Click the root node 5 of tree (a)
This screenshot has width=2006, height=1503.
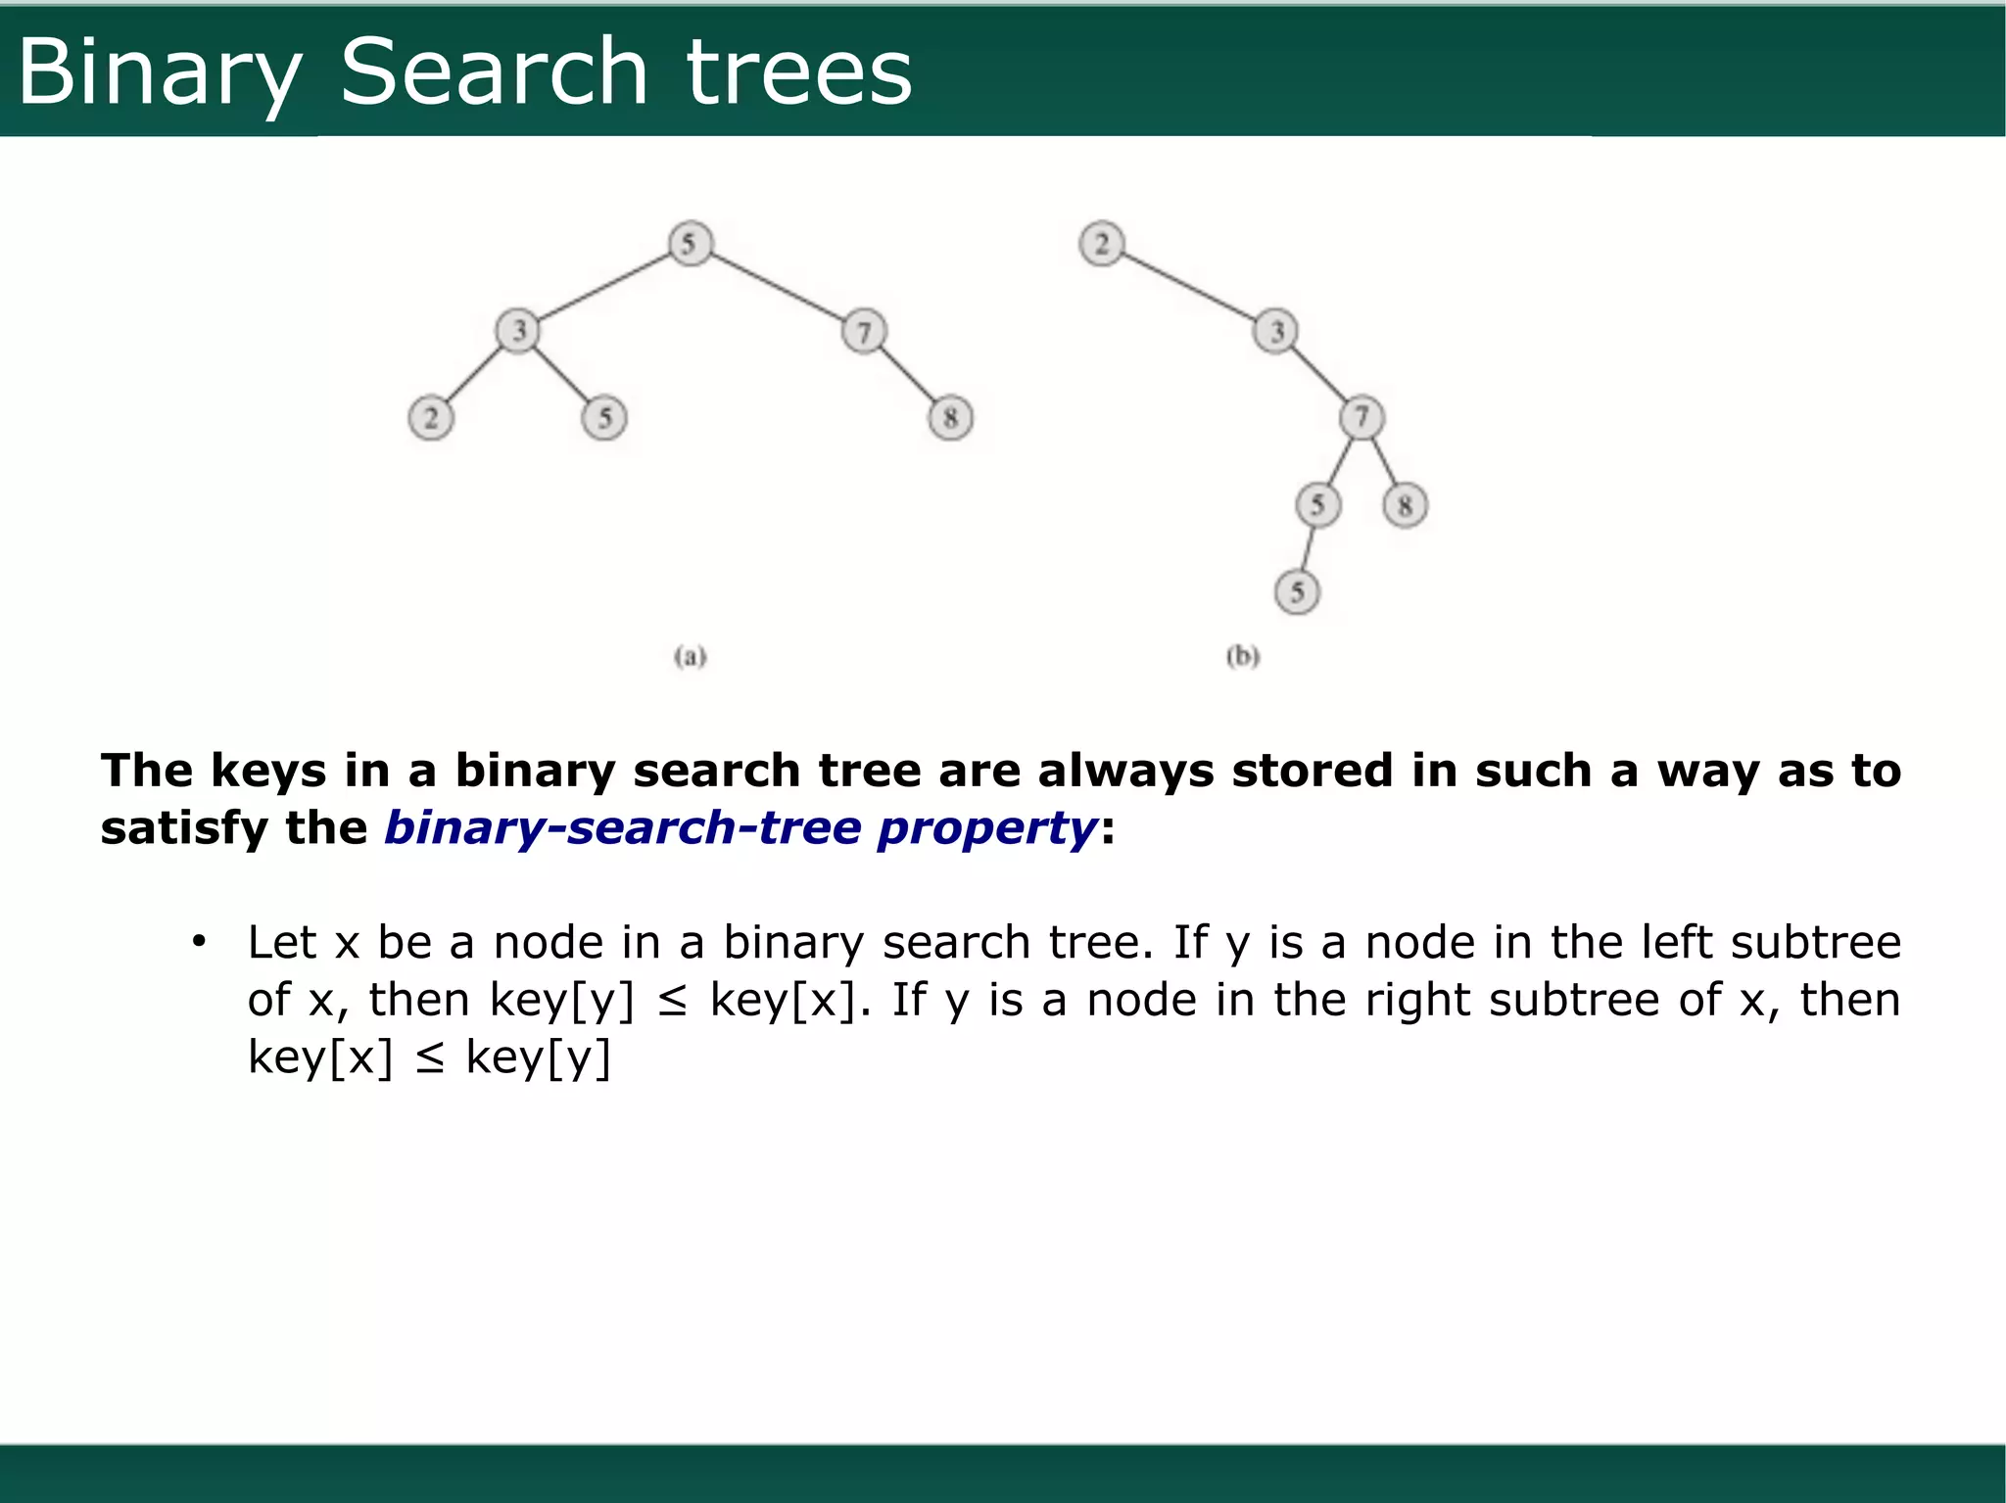(x=690, y=243)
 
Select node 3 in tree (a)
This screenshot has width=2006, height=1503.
(x=518, y=330)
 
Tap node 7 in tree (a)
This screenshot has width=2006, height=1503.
(x=863, y=331)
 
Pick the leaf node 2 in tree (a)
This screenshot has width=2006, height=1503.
(x=431, y=418)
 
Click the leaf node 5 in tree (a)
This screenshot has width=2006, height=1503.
(x=604, y=418)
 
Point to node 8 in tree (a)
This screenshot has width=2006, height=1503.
(x=950, y=418)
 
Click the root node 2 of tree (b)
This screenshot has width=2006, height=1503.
(x=1102, y=243)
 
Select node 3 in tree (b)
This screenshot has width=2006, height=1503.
(x=1275, y=331)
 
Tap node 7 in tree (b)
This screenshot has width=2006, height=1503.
(x=1361, y=418)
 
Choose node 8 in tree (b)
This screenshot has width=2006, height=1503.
(x=1405, y=505)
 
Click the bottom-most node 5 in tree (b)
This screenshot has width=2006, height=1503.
(x=1297, y=591)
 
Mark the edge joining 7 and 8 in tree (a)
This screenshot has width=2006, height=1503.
(x=907, y=375)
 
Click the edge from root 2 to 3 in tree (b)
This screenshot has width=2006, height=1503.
(x=1188, y=287)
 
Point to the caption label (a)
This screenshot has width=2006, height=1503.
(x=691, y=656)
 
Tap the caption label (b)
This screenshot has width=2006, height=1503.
(x=1243, y=656)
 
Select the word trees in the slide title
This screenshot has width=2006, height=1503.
(x=799, y=73)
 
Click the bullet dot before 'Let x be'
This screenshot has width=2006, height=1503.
(x=199, y=942)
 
